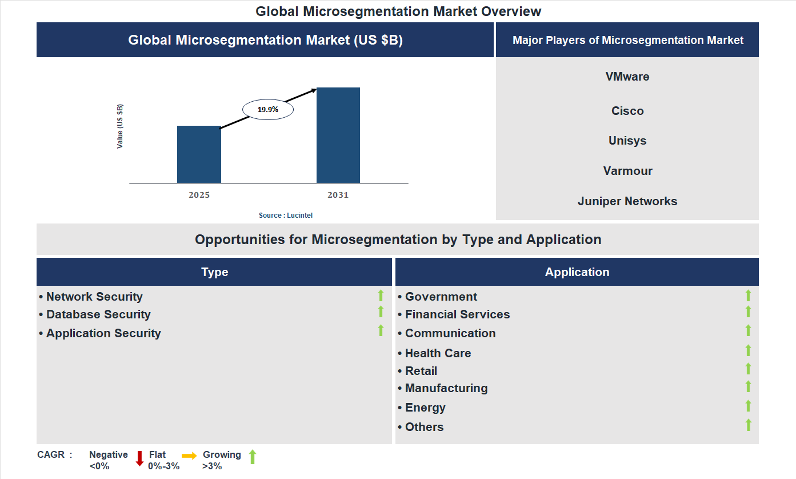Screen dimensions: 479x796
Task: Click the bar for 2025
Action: click(199, 154)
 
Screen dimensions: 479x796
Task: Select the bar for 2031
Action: click(338, 135)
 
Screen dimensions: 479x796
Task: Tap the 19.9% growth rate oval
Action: click(268, 109)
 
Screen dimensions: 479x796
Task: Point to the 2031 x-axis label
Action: click(338, 195)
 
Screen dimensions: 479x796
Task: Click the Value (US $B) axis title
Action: click(120, 126)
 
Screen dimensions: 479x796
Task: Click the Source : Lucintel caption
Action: click(286, 215)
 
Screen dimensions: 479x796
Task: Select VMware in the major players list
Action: click(627, 77)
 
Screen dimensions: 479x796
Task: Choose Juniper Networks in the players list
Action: click(627, 201)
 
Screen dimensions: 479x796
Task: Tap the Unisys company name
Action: click(627, 141)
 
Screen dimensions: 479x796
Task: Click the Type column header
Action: click(214, 272)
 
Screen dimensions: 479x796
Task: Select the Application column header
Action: click(577, 272)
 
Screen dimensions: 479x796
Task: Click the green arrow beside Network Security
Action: click(381, 296)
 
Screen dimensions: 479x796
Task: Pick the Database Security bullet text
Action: click(98, 314)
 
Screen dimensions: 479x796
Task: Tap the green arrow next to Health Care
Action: click(748, 350)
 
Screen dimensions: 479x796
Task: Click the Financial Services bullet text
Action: click(457, 314)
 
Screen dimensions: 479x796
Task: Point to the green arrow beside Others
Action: click(748, 425)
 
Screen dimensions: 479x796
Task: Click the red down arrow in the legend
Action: click(139, 458)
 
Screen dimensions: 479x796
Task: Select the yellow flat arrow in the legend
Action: click(189, 456)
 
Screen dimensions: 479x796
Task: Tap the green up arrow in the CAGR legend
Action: click(253, 457)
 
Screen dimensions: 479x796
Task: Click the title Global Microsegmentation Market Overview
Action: click(398, 11)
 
